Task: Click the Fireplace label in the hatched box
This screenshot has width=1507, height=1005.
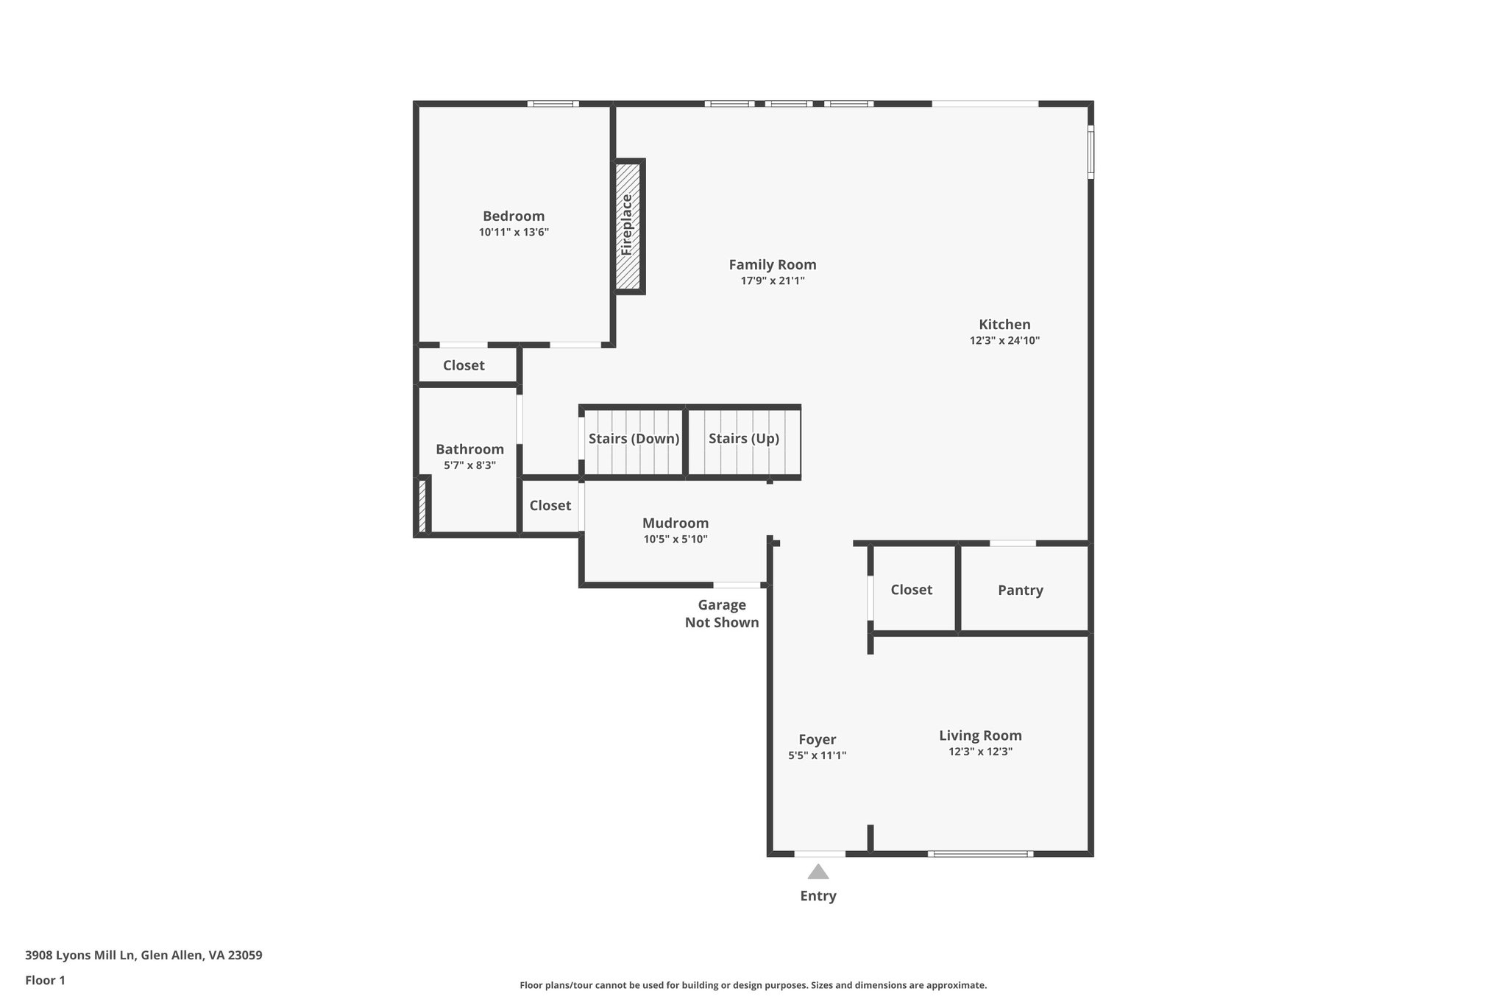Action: [x=627, y=225]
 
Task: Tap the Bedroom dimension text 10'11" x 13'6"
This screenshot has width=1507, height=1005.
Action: [x=514, y=233]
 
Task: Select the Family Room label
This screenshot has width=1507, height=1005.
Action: [x=773, y=264]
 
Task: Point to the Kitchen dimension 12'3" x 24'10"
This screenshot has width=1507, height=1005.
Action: [x=1004, y=341]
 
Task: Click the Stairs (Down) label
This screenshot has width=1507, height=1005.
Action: [x=634, y=439]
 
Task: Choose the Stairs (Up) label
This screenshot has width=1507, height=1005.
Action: [x=743, y=439]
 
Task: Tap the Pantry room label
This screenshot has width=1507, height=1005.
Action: [x=1020, y=590]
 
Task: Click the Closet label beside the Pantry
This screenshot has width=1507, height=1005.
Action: [x=911, y=590]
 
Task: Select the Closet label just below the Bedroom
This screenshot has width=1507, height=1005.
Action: [x=464, y=365]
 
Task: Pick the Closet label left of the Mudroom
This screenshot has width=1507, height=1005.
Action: [x=550, y=505]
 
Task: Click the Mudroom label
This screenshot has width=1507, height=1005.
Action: [x=675, y=523]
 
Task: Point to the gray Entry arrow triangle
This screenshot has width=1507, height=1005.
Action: [x=818, y=872]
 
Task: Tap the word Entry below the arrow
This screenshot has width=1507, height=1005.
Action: [x=818, y=896]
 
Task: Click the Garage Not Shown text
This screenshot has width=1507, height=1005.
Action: [x=722, y=613]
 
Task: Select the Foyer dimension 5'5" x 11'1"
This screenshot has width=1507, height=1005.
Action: [x=817, y=755]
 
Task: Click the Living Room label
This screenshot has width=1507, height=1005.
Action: [x=980, y=735]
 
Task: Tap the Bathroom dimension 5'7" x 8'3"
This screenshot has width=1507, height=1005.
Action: [x=469, y=465]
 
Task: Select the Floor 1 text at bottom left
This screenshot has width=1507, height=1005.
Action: [x=45, y=980]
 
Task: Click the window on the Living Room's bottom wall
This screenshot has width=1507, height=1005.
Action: [x=979, y=854]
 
